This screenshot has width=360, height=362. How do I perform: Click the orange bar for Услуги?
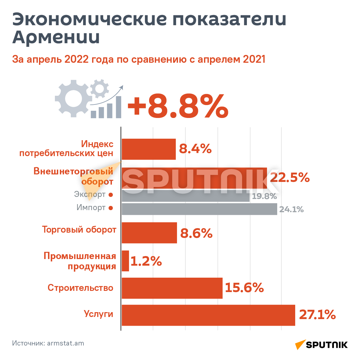click(x=208, y=315)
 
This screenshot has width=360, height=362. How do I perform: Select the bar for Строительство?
click(x=172, y=288)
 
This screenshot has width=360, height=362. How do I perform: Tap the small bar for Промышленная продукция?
click(x=125, y=261)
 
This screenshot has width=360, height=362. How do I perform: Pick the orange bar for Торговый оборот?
click(x=149, y=233)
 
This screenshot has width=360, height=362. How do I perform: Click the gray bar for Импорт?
click(x=199, y=209)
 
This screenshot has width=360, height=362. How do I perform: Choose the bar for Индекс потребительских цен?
click(x=148, y=149)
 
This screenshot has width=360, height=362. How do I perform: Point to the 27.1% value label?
click(x=317, y=315)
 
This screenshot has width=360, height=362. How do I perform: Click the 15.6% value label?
click(x=244, y=288)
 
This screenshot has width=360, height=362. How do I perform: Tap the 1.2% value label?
click(x=146, y=261)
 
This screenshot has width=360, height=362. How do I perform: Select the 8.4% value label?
click(x=195, y=149)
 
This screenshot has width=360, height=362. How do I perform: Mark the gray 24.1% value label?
click(x=291, y=210)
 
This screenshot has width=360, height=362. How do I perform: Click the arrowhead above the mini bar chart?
click(x=121, y=87)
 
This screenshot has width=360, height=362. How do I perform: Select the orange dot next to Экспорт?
click(x=111, y=195)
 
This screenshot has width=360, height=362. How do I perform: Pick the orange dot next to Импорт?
click(x=111, y=208)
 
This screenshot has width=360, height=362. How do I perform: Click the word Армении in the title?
click(x=56, y=38)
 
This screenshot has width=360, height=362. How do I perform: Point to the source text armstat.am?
click(x=65, y=343)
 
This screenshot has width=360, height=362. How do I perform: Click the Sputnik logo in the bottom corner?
click(x=321, y=345)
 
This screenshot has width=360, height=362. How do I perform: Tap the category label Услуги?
click(x=98, y=314)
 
